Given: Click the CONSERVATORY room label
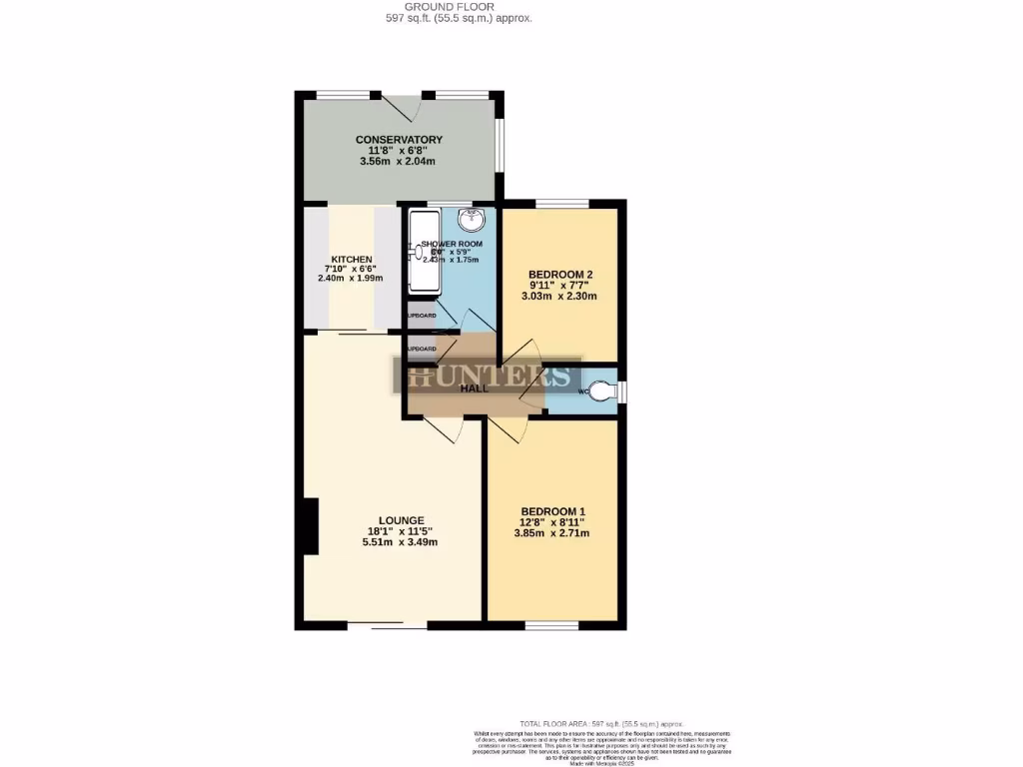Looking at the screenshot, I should (x=399, y=139).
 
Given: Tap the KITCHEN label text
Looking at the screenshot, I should (x=352, y=260).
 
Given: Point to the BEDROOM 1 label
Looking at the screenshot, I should (x=551, y=510).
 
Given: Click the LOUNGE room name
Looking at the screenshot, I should (x=401, y=520).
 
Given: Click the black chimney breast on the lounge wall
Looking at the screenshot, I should (x=311, y=525).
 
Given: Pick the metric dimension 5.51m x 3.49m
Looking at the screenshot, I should (x=401, y=542).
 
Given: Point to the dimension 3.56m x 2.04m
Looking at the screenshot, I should (x=399, y=161).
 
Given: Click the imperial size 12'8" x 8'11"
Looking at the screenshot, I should (x=551, y=521).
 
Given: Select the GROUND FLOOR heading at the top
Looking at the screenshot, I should (x=460, y=7).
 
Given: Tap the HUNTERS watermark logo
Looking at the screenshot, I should (x=488, y=377).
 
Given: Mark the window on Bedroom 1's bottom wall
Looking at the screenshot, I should (x=551, y=626).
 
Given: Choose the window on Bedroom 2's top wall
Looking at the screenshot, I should (x=561, y=204).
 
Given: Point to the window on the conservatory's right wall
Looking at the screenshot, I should (x=502, y=146).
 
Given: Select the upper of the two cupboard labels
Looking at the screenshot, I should (x=421, y=316).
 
